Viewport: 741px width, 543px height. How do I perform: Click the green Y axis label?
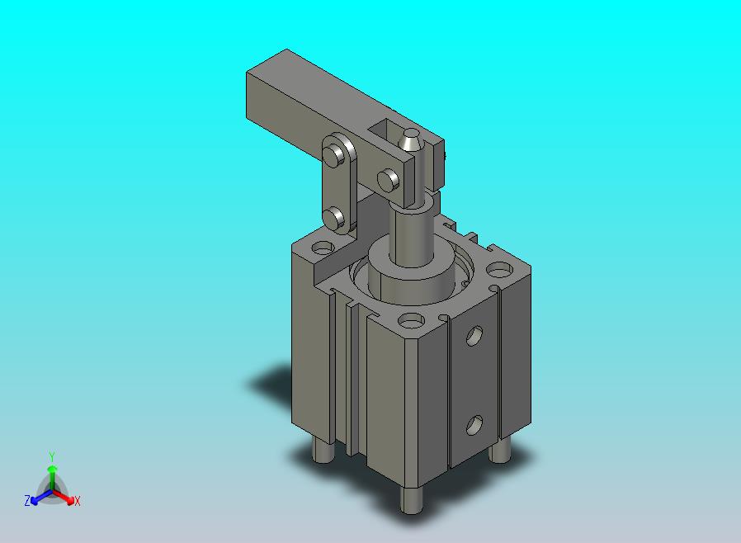click(52, 456)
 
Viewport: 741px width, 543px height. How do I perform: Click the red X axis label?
click(77, 501)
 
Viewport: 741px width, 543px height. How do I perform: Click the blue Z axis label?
click(27, 500)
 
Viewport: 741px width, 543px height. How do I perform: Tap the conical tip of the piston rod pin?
click(410, 139)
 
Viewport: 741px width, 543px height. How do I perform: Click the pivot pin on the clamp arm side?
click(389, 179)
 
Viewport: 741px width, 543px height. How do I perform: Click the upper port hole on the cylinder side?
click(474, 336)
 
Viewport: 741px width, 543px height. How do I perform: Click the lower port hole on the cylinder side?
click(474, 425)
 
